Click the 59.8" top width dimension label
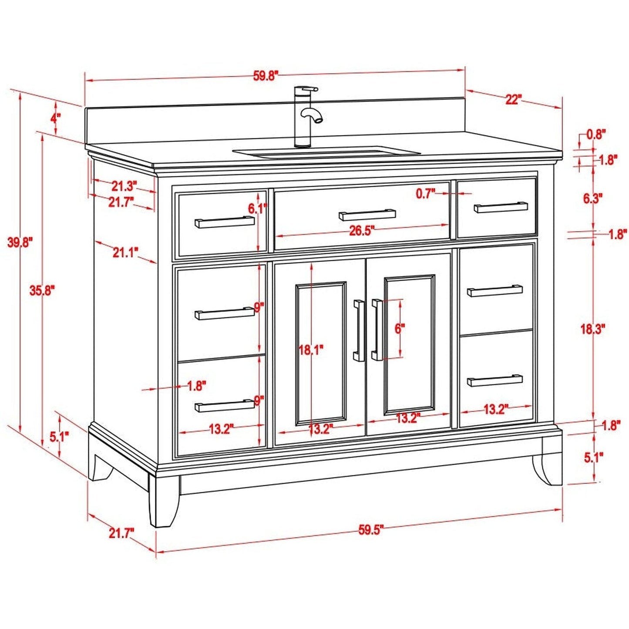click(x=265, y=76)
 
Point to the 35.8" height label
click(x=42, y=290)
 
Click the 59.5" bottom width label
click(x=371, y=530)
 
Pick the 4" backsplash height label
click(x=55, y=118)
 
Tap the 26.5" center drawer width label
click(x=362, y=231)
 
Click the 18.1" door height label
click(x=311, y=349)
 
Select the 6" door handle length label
click(x=400, y=329)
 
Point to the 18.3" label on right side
click(x=592, y=329)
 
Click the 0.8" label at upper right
click(x=596, y=135)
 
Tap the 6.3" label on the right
click(x=592, y=198)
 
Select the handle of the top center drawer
click(x=367, y=215)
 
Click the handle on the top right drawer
click(x=501, y=207)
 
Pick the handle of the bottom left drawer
click(x=225, y=406)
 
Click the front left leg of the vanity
click(x=164, y=501)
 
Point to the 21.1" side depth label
click(x=125, y=252)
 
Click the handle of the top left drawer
click(x=225, y=222)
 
